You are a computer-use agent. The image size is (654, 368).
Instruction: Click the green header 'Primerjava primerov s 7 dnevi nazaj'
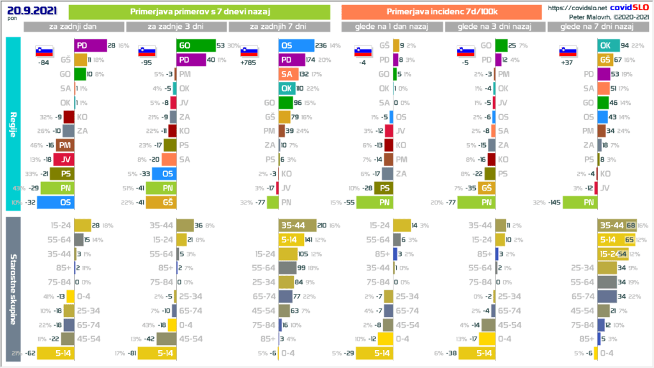point(199,11)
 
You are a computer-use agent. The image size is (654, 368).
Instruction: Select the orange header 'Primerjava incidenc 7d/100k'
point(441,11)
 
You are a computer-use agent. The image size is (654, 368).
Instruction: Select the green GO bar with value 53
point(195,45)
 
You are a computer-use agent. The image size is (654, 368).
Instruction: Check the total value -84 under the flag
point(44,63)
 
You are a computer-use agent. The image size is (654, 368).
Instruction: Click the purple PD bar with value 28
point(90,45)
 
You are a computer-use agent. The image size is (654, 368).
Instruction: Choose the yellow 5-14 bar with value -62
point(56,352)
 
